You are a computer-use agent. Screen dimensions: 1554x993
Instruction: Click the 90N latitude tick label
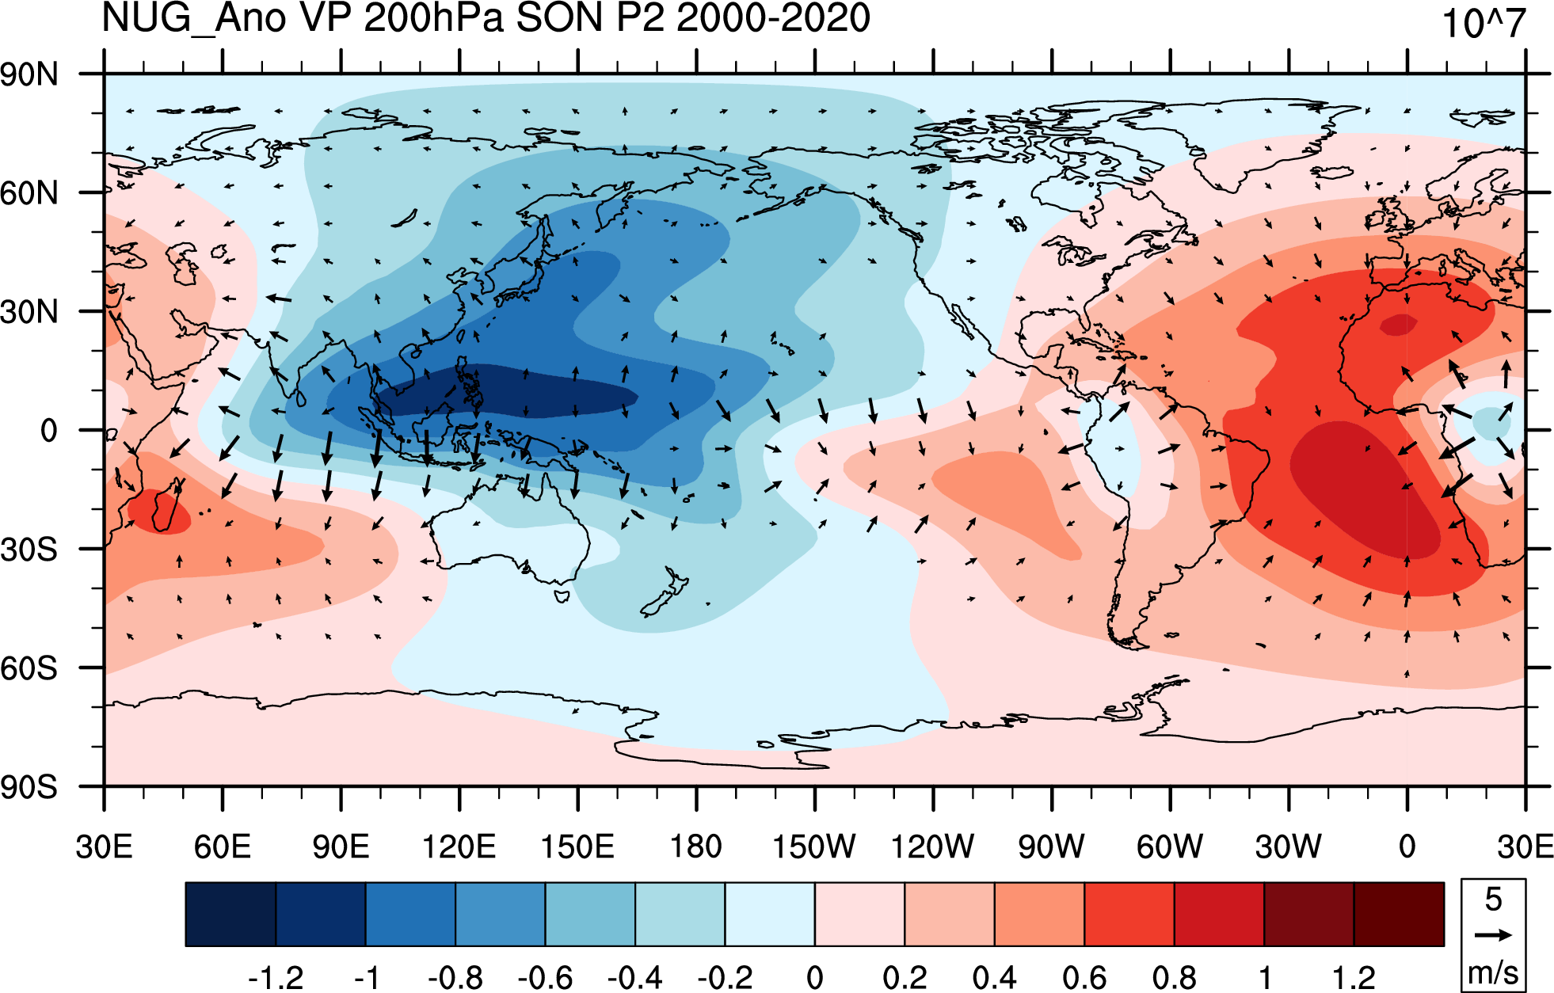click(29, 74)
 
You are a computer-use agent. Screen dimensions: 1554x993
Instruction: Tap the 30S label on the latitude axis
click(29, 549)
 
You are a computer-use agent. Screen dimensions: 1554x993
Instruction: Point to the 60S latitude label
click(29, 668)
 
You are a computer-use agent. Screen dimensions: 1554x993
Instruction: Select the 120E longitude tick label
click(459, 847)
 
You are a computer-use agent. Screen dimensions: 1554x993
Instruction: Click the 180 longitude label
click(696, 847)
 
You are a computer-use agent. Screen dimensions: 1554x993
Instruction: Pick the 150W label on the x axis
click(814, 847)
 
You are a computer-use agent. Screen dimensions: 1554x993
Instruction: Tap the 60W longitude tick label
click(1170, 847)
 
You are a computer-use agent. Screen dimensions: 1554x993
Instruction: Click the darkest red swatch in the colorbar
click(1399, 914)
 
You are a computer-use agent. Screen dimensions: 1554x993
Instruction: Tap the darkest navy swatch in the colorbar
click(230, 914)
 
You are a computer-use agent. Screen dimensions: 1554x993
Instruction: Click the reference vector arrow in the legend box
click(1493, 935)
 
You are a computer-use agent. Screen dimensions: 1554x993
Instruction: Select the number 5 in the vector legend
click(1493, 899)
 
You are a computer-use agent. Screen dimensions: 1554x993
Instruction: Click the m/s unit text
click(1493, 972)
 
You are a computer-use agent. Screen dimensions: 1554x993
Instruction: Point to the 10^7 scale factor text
click(1484, 23)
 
